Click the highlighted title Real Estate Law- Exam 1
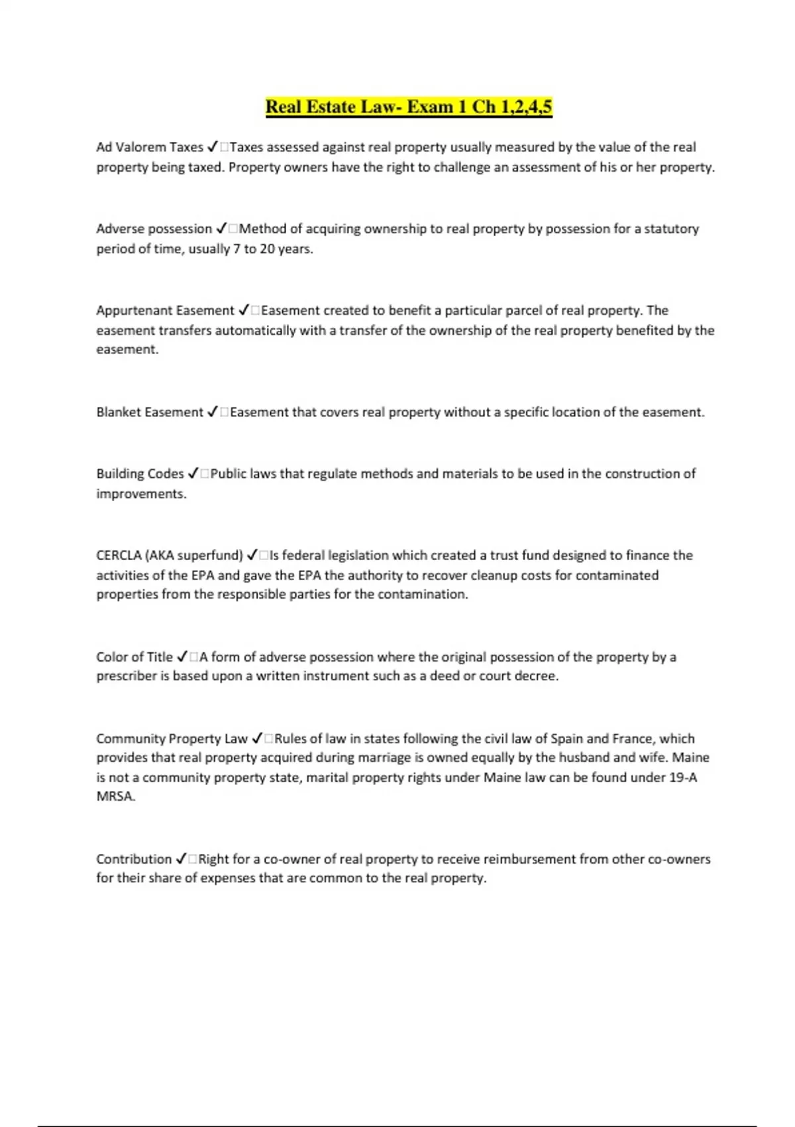click(x=408, y=107)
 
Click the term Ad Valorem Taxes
click(x=149, y=147)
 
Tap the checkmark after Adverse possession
click(x=222, y=229)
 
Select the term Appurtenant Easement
click(x=165, y=310)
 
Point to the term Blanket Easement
click(x=149, y=412)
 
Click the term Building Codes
click(x=140, y=474)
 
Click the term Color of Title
click(x=134, y=657)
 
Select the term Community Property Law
click(x=172, y=739)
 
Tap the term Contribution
click(x=134, y=859)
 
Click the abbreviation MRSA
click(x=115, y=796)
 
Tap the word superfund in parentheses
click(x=210, y=556)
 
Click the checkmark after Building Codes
click(x=193, y=474)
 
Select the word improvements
click(x=140, y=494)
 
